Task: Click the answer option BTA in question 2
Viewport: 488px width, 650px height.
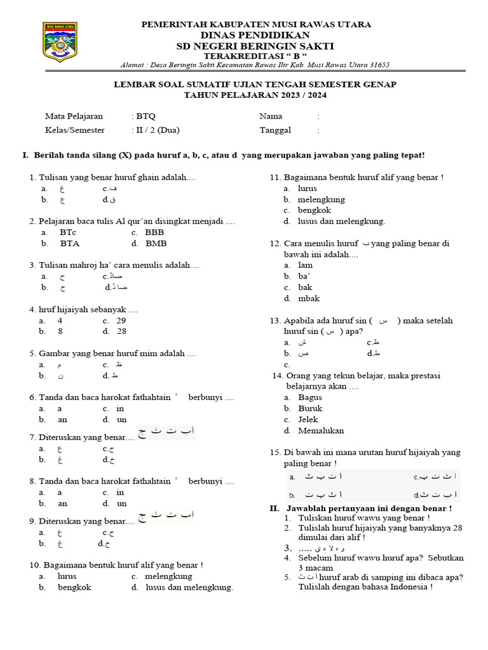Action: [x=70, y=243]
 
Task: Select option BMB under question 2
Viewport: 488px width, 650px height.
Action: [x=156, y=243]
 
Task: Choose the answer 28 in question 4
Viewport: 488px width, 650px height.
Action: [x=121, y=331]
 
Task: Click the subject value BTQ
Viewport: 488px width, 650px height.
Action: [x=146, y=117]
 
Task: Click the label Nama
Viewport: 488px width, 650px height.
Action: [x=271, y=117]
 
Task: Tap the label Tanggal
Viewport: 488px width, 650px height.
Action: [x=275, y=130]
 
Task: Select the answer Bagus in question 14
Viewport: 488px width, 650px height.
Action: [x=310, y=397]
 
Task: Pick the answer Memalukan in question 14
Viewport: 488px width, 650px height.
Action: [x=321, y=430]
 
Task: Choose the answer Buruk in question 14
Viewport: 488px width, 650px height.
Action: [x=310, y=408]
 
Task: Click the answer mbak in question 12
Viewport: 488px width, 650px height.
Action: [x=309, y=298]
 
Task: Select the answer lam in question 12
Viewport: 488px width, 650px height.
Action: [x=305, y=265]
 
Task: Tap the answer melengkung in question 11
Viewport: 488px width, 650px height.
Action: [x=321, y=199]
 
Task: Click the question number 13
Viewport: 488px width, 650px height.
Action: [x=275, y=321]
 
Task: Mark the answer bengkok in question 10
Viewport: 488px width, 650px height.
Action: [x=75, y=587]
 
